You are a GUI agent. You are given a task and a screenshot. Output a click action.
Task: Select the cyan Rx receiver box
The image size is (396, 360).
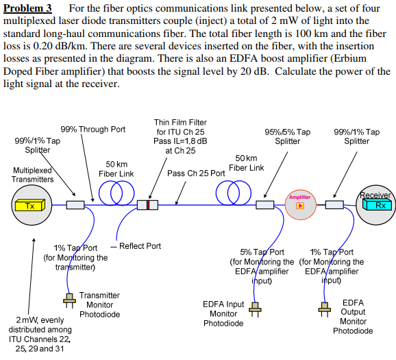pos(379,204)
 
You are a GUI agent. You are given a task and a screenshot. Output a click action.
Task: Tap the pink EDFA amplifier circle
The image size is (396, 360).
pos(301,204)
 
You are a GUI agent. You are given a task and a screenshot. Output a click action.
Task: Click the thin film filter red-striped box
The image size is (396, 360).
pos(147,204)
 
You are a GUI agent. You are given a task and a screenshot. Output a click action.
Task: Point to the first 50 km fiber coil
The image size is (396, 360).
pos(110,194)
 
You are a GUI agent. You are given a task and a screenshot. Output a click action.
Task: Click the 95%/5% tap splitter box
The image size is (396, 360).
pos(264,204)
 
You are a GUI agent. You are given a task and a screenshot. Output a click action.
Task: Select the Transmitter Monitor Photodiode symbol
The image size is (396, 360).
pos(69,300)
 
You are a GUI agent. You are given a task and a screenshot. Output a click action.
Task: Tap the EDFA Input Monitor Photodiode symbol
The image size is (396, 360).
pos(255,308)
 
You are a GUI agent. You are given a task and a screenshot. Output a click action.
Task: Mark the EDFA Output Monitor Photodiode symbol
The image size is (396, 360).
pos(324,308)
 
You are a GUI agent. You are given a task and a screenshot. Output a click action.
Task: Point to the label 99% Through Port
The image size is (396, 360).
pos(93,129)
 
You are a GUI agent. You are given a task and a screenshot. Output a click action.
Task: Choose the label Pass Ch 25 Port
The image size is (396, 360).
pos(196,173)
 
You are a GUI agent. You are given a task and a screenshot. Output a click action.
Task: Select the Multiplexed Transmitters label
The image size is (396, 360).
pos(33,174)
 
